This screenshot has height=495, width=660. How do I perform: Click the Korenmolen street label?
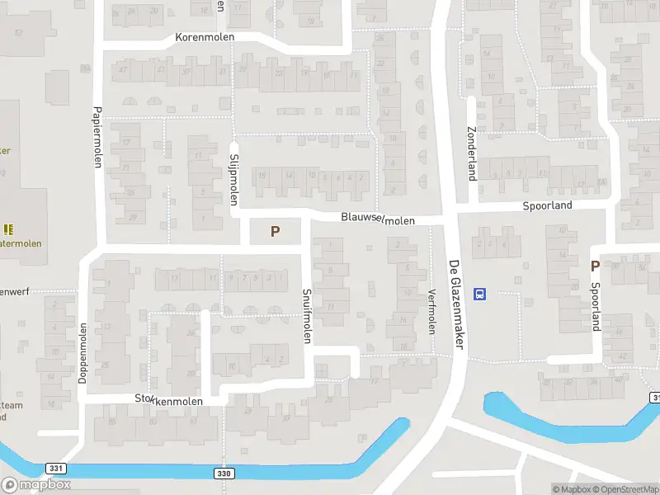point(205,38)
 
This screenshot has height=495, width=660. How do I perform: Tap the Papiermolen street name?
point(97,137)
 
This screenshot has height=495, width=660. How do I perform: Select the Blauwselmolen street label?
point(379,219)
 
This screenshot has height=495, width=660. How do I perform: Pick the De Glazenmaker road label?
point(455,305)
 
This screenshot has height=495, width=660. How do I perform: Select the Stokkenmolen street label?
point(169,400)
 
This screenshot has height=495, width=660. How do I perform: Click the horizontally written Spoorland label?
point(547,205)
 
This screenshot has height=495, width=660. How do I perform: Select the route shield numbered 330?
point(226,474)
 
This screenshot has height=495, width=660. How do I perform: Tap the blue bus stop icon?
point(479,294)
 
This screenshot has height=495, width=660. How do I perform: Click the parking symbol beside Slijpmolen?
point(275,233)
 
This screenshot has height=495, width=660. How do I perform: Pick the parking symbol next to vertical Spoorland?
point(595,266)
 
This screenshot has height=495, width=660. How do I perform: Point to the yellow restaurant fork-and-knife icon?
point(8,229)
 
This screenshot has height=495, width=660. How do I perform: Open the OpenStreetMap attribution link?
point(625,489)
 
